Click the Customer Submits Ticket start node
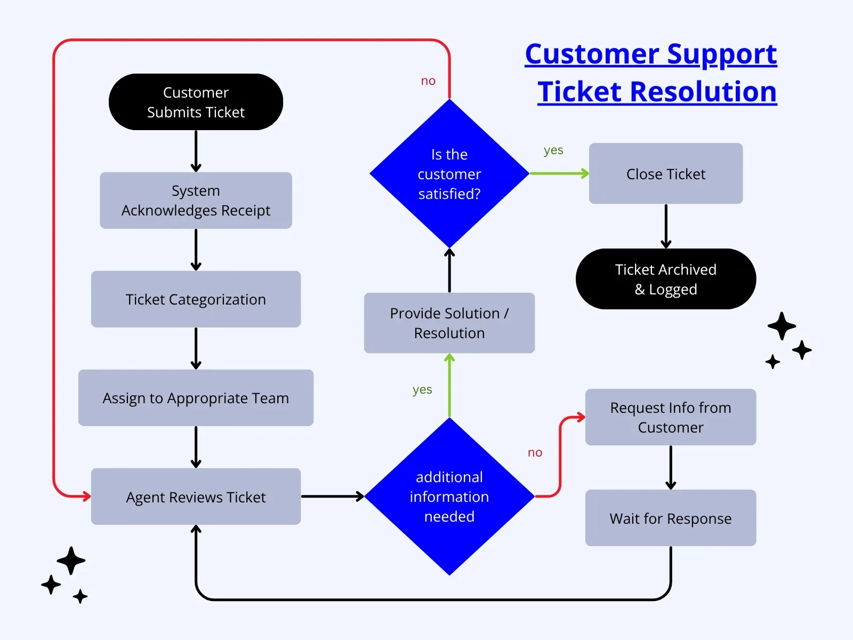pos(196,102)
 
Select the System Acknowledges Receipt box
pos(196,201)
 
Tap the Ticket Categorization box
pos(196,299)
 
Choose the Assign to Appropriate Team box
pos(196,398)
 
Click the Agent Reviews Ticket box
pos(196,497)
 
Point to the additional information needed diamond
pos(449,497)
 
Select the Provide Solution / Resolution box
pos(449,323)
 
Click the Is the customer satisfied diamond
pos(449,174)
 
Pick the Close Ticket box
pos(665,174)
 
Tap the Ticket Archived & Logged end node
pos(665,279)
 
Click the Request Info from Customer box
pos(671,417)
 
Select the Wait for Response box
pos(671,518)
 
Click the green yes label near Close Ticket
pos(553,150)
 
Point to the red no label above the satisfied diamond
pos(428,81)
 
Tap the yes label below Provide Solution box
pos(422,390)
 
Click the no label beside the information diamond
pos(535,453)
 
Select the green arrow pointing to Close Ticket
pos(559,173)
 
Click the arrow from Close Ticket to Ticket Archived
pos(666,226)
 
